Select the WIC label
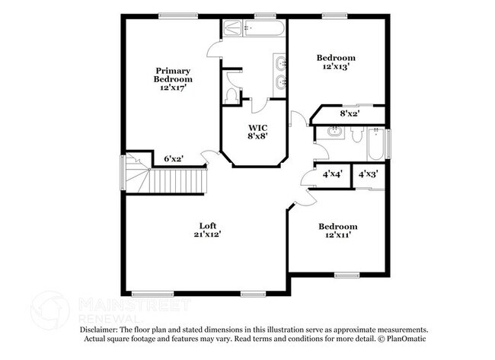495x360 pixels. (x=256, y=128)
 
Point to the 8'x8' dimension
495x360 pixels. (x=256, y=137)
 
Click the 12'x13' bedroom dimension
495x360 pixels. (x=336, y=67)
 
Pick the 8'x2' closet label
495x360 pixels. (x=349, y=113)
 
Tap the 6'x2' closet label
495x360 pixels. (x=174, y=159)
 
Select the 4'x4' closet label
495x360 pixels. (x=332, y=174)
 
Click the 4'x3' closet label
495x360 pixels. (x=368, y=174)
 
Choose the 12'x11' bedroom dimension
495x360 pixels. (x=337, y=235)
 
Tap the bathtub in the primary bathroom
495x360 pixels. (x=254, y=29)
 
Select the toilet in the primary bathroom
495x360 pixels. (x=232, y=96)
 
